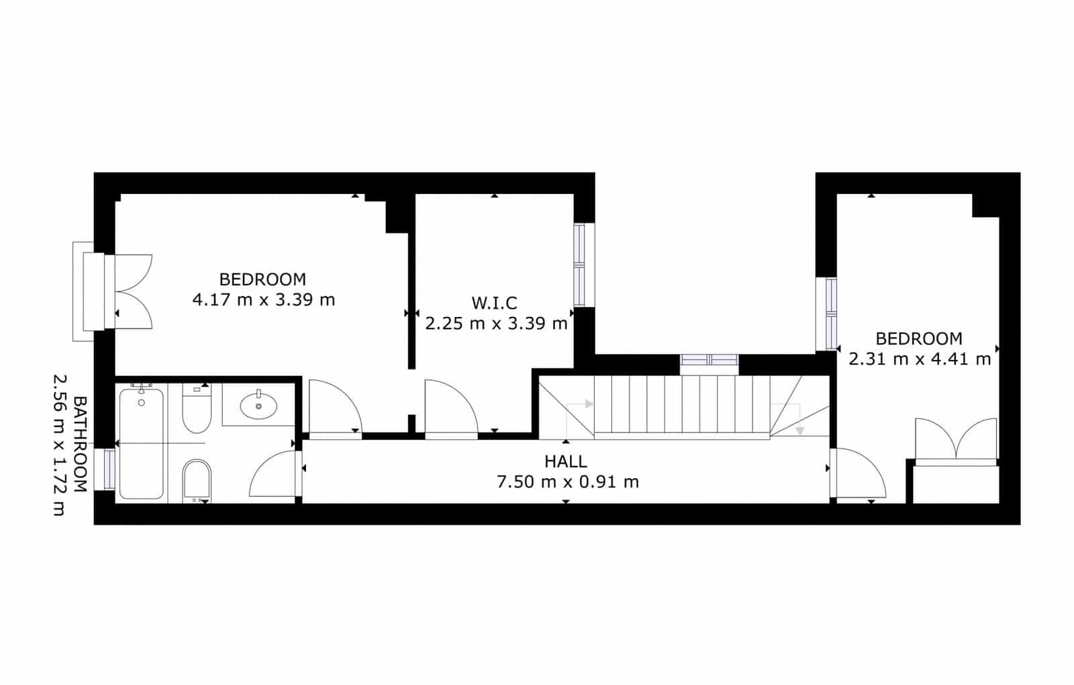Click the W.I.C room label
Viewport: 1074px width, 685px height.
coord(494,303)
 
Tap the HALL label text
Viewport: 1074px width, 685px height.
coord(566,461)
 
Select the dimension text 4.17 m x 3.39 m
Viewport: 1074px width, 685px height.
coord(263,300)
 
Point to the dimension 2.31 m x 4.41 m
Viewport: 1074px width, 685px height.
coord(920,359)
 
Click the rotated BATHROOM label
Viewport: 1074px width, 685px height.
coord(80,445)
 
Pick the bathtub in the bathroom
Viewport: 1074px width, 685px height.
coord(141,443)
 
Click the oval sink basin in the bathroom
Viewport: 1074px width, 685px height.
coord(258,406)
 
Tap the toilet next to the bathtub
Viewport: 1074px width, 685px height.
coord(196,408)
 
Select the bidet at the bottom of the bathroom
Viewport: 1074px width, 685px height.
coord(197,479)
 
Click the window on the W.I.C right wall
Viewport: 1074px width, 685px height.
coord(579,265)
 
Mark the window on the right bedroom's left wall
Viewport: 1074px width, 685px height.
coord(831,314)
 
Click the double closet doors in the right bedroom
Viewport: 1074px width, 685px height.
coord(956,441)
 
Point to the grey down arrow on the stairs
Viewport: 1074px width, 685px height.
coord(799,430)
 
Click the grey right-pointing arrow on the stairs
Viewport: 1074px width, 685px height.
coord(589,404)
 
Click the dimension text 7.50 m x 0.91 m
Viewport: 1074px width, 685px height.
coord(567,482)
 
